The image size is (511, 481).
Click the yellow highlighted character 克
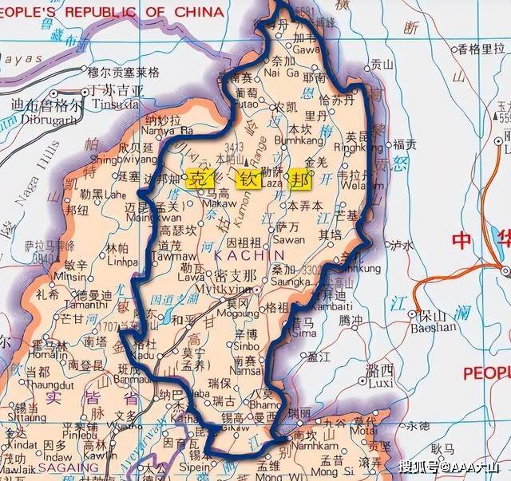point(196,179)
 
